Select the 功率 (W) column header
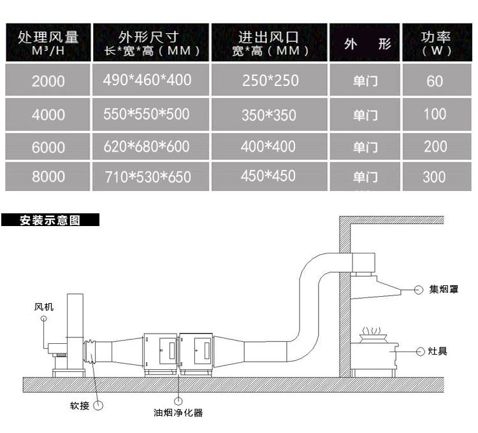436,43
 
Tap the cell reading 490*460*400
147,80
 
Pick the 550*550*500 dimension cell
147,114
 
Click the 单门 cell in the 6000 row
365,147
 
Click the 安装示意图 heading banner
50,221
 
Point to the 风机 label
44,308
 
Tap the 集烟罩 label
444,290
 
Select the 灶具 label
438,351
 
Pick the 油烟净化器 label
178,413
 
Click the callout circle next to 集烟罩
419,290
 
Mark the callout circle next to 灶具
420,351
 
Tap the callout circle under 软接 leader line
98,405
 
